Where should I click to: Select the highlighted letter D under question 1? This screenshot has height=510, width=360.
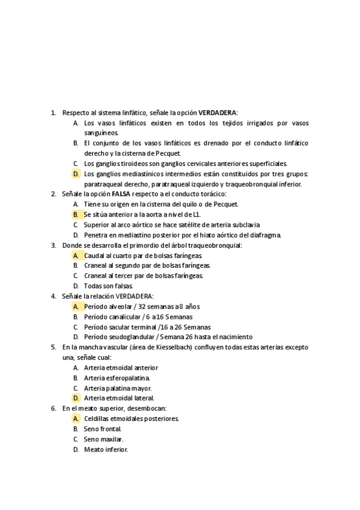76,174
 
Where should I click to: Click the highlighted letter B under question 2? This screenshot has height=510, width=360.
76,214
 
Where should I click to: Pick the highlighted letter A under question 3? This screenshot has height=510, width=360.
76,255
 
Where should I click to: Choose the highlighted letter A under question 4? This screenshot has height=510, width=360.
76,306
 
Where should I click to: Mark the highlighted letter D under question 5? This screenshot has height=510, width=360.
76,398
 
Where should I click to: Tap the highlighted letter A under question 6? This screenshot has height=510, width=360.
76,418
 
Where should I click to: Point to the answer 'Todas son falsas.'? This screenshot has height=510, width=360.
108,286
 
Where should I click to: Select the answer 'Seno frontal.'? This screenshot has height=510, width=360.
103,429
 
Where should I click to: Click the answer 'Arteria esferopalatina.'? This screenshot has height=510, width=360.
117,378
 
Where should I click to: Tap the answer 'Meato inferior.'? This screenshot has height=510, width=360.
106,449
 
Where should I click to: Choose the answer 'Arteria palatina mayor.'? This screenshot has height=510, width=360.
118,388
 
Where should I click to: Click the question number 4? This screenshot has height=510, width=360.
53,296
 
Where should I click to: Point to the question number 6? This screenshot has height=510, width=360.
53,408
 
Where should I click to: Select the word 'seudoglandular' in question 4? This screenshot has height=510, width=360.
132,337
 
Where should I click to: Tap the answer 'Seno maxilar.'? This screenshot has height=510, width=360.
103,439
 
